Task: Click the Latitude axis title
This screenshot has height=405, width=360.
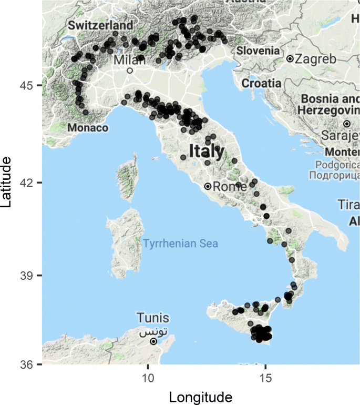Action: point(7,181)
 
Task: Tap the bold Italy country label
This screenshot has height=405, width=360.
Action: point(206,151)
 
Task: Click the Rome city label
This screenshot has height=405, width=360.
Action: point(230,186)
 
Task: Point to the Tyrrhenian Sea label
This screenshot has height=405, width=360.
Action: point(180,244)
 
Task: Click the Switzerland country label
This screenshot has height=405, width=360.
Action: point(100,25)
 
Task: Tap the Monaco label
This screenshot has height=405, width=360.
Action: point(88,128)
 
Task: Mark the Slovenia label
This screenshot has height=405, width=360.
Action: point(258,51)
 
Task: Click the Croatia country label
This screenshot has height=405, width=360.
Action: point(261,83)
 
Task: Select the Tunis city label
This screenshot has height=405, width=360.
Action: point(153,318)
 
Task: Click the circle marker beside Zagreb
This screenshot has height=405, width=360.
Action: point(290,59)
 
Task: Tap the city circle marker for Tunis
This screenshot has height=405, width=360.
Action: point(153,341)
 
